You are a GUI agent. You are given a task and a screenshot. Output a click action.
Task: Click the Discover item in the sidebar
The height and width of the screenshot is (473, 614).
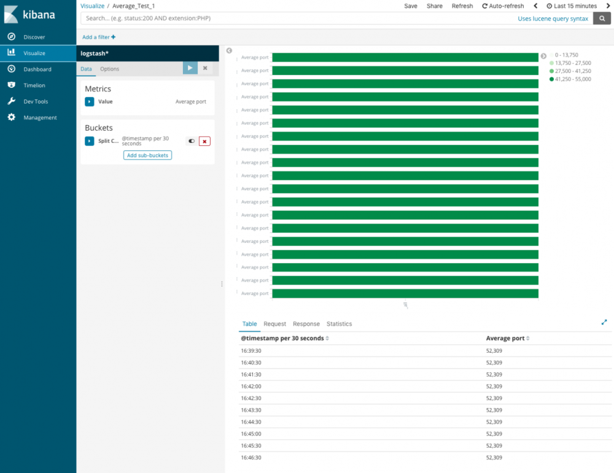(34, 37)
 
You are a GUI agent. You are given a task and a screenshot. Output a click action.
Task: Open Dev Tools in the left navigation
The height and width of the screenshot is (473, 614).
(36, 101)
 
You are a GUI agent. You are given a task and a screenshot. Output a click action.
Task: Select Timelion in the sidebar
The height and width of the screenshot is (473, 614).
(34, 85)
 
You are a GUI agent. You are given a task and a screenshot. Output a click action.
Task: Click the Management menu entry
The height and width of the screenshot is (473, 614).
(40, 117)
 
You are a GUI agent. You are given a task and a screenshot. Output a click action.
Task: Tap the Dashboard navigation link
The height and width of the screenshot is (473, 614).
(37, 69)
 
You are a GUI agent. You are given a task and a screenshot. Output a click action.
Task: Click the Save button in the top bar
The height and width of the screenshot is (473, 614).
(411, 6)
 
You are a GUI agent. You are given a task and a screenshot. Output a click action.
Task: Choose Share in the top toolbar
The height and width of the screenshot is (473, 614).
(434, 6)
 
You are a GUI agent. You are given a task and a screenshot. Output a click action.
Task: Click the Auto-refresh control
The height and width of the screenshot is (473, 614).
(503, 6)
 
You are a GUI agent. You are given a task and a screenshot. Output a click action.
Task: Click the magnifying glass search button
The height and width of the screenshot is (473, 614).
(602, 18)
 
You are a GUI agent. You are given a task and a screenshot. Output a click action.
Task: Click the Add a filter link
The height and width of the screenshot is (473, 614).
(99, 37)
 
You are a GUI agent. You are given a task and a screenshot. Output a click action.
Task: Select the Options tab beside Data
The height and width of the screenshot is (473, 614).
(110, 69)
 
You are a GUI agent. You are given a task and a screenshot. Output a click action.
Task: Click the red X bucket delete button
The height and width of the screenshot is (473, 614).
(204, 141)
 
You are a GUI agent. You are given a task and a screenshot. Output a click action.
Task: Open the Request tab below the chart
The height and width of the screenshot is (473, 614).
(274, 324)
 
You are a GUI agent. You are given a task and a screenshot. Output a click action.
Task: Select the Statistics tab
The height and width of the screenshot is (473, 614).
(339, 324)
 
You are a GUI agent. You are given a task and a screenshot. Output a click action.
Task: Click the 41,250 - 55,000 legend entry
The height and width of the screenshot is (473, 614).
(572, 79)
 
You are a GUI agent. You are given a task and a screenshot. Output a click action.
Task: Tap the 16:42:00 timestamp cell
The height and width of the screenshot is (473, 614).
(251, 386)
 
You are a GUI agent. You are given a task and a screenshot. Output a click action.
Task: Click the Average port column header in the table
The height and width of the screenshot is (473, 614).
(505, 338)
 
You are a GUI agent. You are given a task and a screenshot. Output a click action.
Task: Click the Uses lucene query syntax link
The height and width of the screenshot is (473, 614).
(553, 19)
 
